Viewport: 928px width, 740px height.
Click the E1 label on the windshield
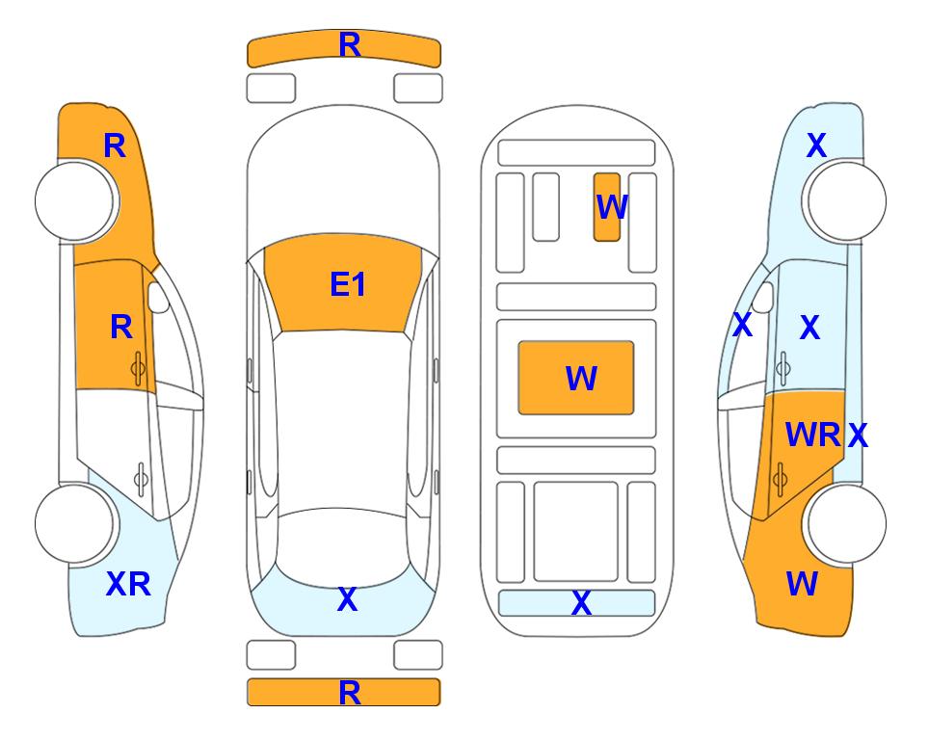[348, 283]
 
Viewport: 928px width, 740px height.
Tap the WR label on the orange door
[812, 436]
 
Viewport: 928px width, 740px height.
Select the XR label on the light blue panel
[128, 584]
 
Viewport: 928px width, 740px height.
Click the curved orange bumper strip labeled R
[344, 48]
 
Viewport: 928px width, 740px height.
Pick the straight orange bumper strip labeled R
[344, 692]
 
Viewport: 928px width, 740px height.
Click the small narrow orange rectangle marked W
[607, 207]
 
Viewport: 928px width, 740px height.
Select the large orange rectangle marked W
[576, 378]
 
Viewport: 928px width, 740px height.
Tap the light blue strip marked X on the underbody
[577, 603]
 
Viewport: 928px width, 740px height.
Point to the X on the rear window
[348, 599]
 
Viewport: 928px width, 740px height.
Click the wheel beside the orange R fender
[75, 201]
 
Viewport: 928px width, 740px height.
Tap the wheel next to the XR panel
[75, 523]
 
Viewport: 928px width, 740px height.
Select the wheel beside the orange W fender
[846, 523]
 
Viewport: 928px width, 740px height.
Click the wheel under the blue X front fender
[846, 201]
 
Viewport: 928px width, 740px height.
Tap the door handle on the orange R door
[139, 368]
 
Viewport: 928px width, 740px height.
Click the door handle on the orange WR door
[780, 479]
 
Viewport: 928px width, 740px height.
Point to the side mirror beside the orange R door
[158, 297]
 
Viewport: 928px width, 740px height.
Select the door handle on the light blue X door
[782, 368]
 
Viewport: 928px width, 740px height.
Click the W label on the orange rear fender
[802, 584]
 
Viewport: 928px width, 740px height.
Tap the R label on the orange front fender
[115, 145]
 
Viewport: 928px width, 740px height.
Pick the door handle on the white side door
[141, 479]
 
